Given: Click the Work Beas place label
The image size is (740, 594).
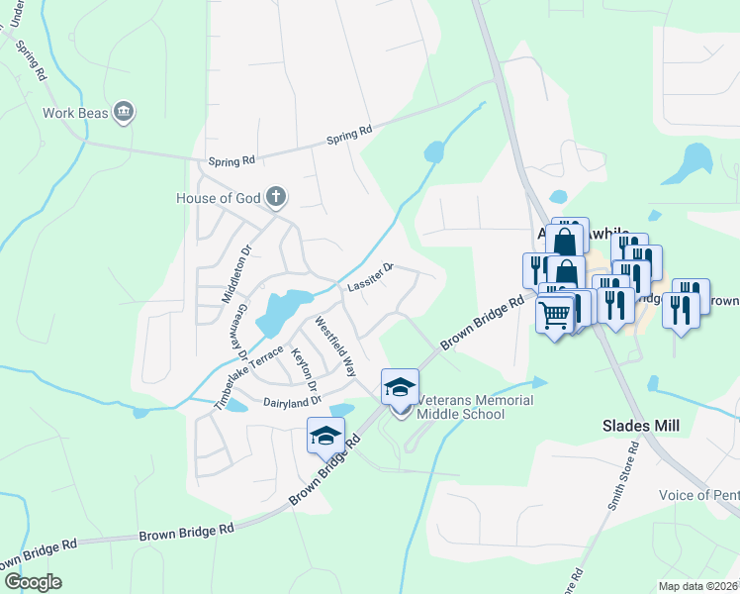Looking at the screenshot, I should [x=75, y=112].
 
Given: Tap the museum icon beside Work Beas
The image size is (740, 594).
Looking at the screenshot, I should [x=124, y=111].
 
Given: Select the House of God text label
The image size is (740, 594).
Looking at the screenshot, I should [x=220, y=198].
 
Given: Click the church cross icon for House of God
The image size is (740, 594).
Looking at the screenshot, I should [x=276, y=198].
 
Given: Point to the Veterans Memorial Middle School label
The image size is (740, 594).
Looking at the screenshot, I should [x=475, y=407].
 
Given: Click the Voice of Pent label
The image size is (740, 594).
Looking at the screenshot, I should [x=698, y=495].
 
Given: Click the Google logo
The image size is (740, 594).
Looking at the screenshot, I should [x=33, y=582].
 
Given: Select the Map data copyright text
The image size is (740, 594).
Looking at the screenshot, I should [x=697, y=586].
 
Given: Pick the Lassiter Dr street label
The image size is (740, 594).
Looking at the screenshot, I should [x=371, y=277].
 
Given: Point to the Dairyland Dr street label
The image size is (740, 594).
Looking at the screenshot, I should [x=292, y=402].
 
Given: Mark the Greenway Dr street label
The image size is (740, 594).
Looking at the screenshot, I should [x=238, y=330].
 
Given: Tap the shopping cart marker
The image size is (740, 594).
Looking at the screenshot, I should [x=555, y=315].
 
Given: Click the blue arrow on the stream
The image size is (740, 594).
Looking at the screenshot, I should [x=538, y=381].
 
